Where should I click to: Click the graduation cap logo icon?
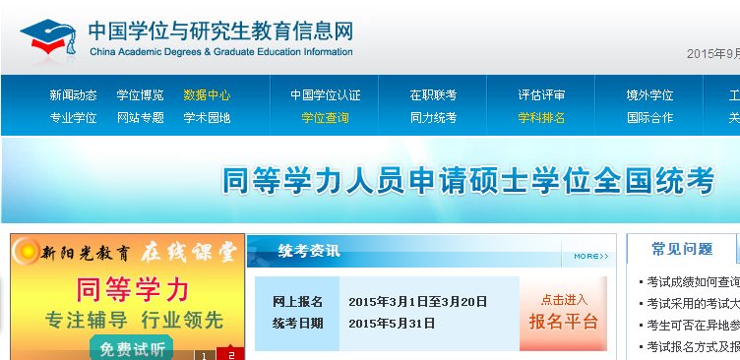click(x=51, y=37)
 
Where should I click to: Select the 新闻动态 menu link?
click(x=73, y=95)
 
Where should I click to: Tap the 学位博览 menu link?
click(x=140, y=95)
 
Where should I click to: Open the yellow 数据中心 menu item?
click(x=207, y=95)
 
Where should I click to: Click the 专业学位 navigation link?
click(x=73, y=118)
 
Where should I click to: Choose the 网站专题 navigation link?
click(x=140, y=118)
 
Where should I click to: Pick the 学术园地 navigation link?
click(x=207, y=118)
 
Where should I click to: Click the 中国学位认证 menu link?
click(x=325, y=95)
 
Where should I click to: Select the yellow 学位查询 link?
click(x=325, y=118)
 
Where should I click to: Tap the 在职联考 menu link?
click(x=433, y=95)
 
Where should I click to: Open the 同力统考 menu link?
click(x=433, y=118)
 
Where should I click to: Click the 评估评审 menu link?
click(x=541, y=95)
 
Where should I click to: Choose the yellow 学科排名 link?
click(x=541, y=118)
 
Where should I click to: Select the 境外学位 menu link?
click(x=649, y=95)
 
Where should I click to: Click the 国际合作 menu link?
click(x=649, y=118)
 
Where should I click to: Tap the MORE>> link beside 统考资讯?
click(x=590, y=257)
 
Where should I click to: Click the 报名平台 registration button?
click(x=563, y=313)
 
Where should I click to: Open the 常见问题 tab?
click(x=682, y=249)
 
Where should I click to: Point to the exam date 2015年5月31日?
click(x=392, y=323)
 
